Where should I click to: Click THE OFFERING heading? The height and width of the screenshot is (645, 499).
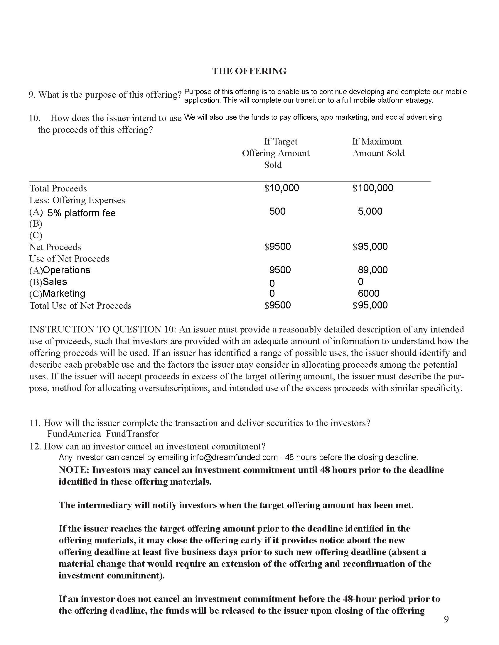[x=249, y=71]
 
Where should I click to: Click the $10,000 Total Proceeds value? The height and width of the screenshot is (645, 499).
[x=281, y=188]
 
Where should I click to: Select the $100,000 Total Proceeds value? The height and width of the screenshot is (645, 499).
[x=372, y=188]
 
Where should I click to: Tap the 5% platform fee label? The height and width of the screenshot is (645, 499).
[x=81, y=213]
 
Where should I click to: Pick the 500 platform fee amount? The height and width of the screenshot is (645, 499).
[x=277, y=211]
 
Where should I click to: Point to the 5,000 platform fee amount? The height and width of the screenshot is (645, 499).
[x=370, y=211]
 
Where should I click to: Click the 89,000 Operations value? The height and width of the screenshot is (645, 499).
[x=372, y=270]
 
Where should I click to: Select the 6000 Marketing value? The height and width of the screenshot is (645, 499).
[x=368, y=293]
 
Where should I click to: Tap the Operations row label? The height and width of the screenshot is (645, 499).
[x=67, y=270]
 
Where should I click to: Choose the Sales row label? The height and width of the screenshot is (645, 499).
[x=55, y=282]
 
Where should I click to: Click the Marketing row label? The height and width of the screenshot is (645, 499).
[x=64, y=293]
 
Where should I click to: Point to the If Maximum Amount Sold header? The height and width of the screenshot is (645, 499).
[x=378, y=147]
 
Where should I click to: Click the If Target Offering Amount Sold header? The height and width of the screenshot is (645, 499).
[x=276, y=153]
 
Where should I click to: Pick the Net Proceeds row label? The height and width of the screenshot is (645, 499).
[x=55, y=247]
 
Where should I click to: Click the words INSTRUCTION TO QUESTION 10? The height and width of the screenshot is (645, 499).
[x=102, y=329]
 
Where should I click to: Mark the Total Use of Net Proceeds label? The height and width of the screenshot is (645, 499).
[x=80, y=305]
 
